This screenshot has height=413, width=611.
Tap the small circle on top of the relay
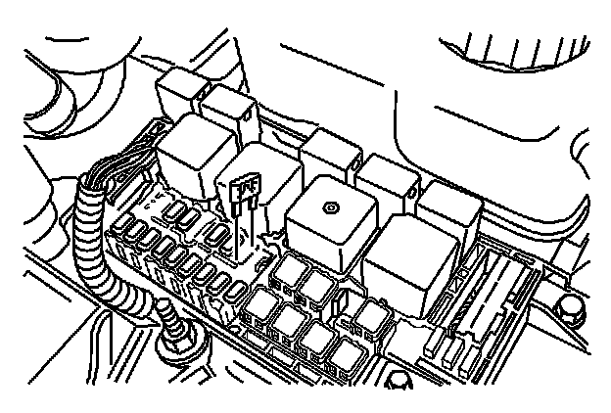coord(331,206)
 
